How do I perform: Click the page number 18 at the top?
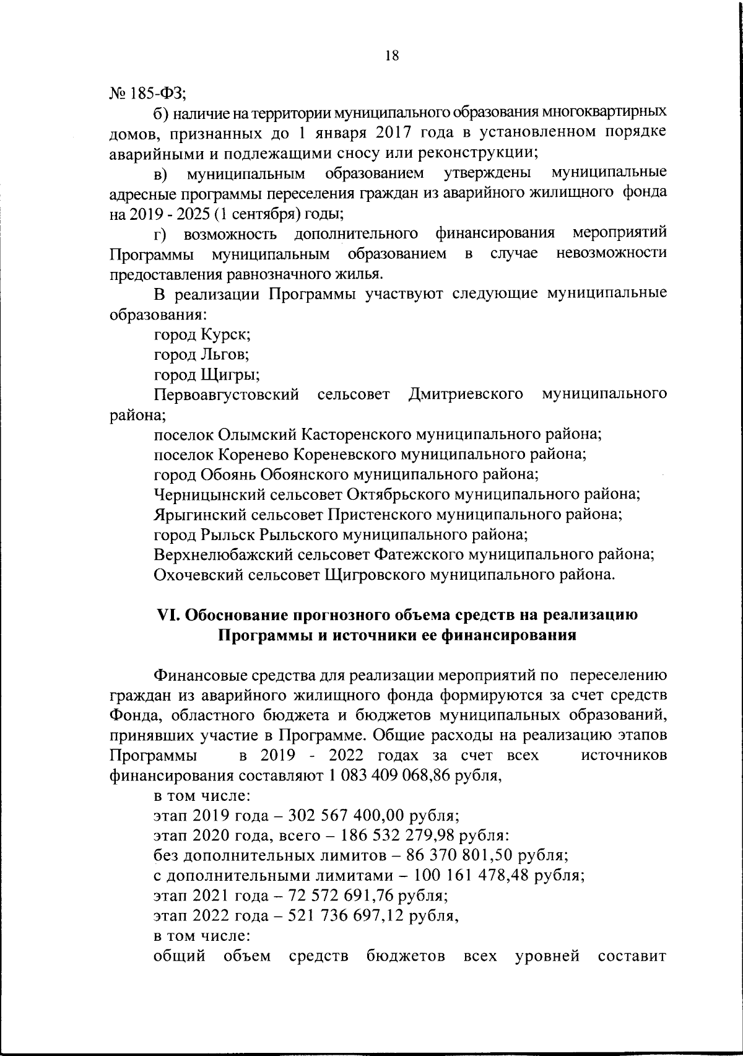click(x=391, y=56)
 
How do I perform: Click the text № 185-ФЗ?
click(x=147, y=94)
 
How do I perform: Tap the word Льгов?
click(x=224, y=355)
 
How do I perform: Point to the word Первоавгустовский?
click(x=227, y=395)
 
